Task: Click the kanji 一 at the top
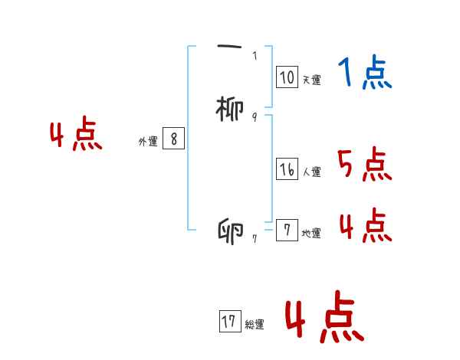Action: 229,47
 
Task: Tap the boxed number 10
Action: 287,77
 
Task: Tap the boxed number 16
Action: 287,170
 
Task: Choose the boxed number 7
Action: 287,231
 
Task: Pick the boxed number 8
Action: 174,139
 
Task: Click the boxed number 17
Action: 229,322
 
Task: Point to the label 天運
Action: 311,80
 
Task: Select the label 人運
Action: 311,172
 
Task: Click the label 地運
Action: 311,234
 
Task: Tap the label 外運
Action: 148,142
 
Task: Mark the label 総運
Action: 255,325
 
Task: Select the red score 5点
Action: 364,164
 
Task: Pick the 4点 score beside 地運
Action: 364,225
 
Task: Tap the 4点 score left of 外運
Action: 76,136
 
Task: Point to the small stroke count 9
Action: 255,116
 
